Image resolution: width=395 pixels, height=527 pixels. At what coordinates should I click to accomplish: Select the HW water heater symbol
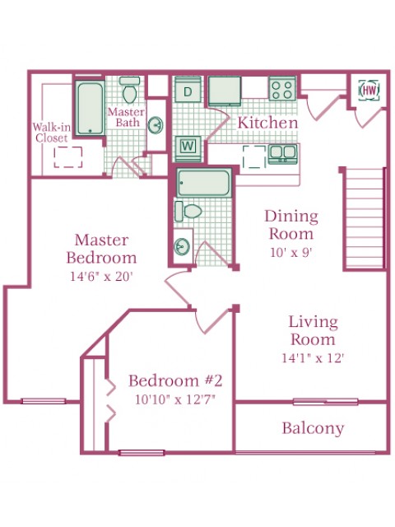pyautogui.click(x=369, y=90)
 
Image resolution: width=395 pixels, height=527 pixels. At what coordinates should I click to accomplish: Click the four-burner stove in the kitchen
pyautogui.click(x=282, y=88)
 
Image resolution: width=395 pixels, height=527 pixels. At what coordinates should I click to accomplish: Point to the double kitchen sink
pyautogui.click(x=282, y=154)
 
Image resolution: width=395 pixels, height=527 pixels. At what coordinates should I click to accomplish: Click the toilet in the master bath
pyautogui.click(x=130, y=90)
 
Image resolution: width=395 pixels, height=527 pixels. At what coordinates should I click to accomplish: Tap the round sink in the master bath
pyautogui.click(x=156, y=125)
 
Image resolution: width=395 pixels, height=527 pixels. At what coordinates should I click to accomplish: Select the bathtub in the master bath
pyautogui.click(x=90, y=108)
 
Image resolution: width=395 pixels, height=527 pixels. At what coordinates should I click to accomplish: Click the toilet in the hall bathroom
pyautogui.click(x=188, y=212)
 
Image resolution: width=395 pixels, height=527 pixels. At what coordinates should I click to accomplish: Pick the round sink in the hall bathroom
pyautogui.click(x=182, y=247)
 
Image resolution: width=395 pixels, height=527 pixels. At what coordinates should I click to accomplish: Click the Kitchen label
pyautogui.click(x=267, y=123)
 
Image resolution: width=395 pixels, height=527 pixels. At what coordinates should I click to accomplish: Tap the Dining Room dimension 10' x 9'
pyautogui.click(x=291, y=252)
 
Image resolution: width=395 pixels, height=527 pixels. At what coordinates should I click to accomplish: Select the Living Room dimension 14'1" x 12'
pyautogui.click(x=313, y=358)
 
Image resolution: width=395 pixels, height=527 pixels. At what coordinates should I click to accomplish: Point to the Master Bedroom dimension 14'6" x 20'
pyautogui.click(x=102, y=277)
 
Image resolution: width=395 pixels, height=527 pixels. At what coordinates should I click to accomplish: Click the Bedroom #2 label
pyautogui.click(x=175, y=380)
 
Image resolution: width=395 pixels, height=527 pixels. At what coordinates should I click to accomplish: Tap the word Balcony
pyautogui.click(x=313, y=428)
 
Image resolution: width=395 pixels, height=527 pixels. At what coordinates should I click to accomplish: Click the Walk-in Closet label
pyautogui.click(x=51, y=133)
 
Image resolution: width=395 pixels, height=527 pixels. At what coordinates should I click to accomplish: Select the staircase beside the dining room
pyautogui.click(x=365, y=218)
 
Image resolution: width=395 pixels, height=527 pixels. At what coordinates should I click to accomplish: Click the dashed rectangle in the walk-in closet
pyautogui.click(x=68, y=157)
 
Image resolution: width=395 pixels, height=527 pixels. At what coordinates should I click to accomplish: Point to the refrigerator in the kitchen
pyautogui.click(x=225, y=91)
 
